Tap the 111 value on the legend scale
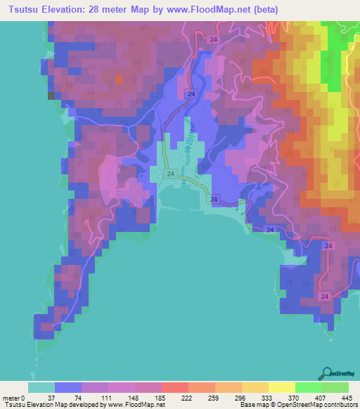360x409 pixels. click(107, 397)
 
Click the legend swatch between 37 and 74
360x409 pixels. click(68, 387)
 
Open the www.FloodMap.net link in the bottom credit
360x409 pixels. click(133, 405)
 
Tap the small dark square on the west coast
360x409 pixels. click(51, 96)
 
